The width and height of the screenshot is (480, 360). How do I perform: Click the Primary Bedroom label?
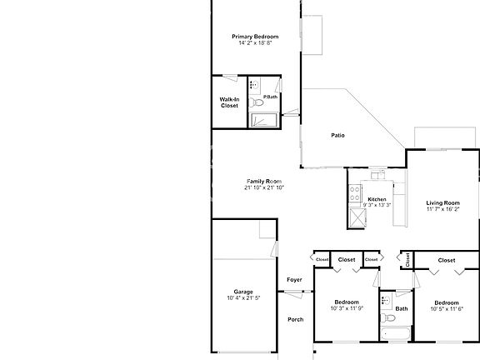click(x=255, y=37)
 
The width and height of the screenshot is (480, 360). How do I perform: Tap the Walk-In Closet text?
click(x=229, y=102)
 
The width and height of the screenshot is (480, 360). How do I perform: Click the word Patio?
click(x=337, y=135)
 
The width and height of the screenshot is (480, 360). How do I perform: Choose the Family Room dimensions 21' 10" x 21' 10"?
click(x=264, y=187)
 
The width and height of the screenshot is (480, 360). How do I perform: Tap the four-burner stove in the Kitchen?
click(x=356, y=195)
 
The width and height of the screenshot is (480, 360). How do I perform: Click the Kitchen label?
click(x=377, y=199)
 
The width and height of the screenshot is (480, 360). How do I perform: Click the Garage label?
click(x=243, y=292)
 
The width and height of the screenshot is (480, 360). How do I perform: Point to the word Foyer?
click(x=294, y=280)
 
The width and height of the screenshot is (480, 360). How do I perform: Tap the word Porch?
click(x=295, y=319)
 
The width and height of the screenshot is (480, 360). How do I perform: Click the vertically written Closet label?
click(x=407, y=260)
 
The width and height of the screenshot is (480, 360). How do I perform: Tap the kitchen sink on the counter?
click(x=377, y=176)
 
